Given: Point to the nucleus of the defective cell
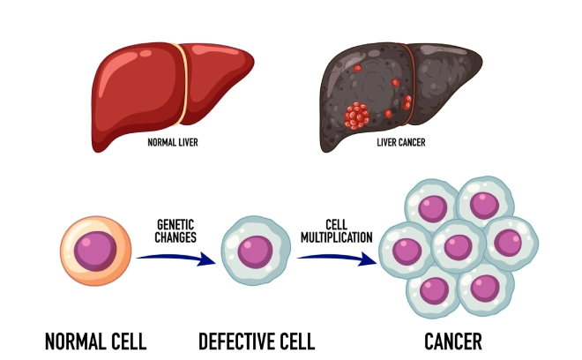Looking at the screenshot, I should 255,250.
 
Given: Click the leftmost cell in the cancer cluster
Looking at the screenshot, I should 407,250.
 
